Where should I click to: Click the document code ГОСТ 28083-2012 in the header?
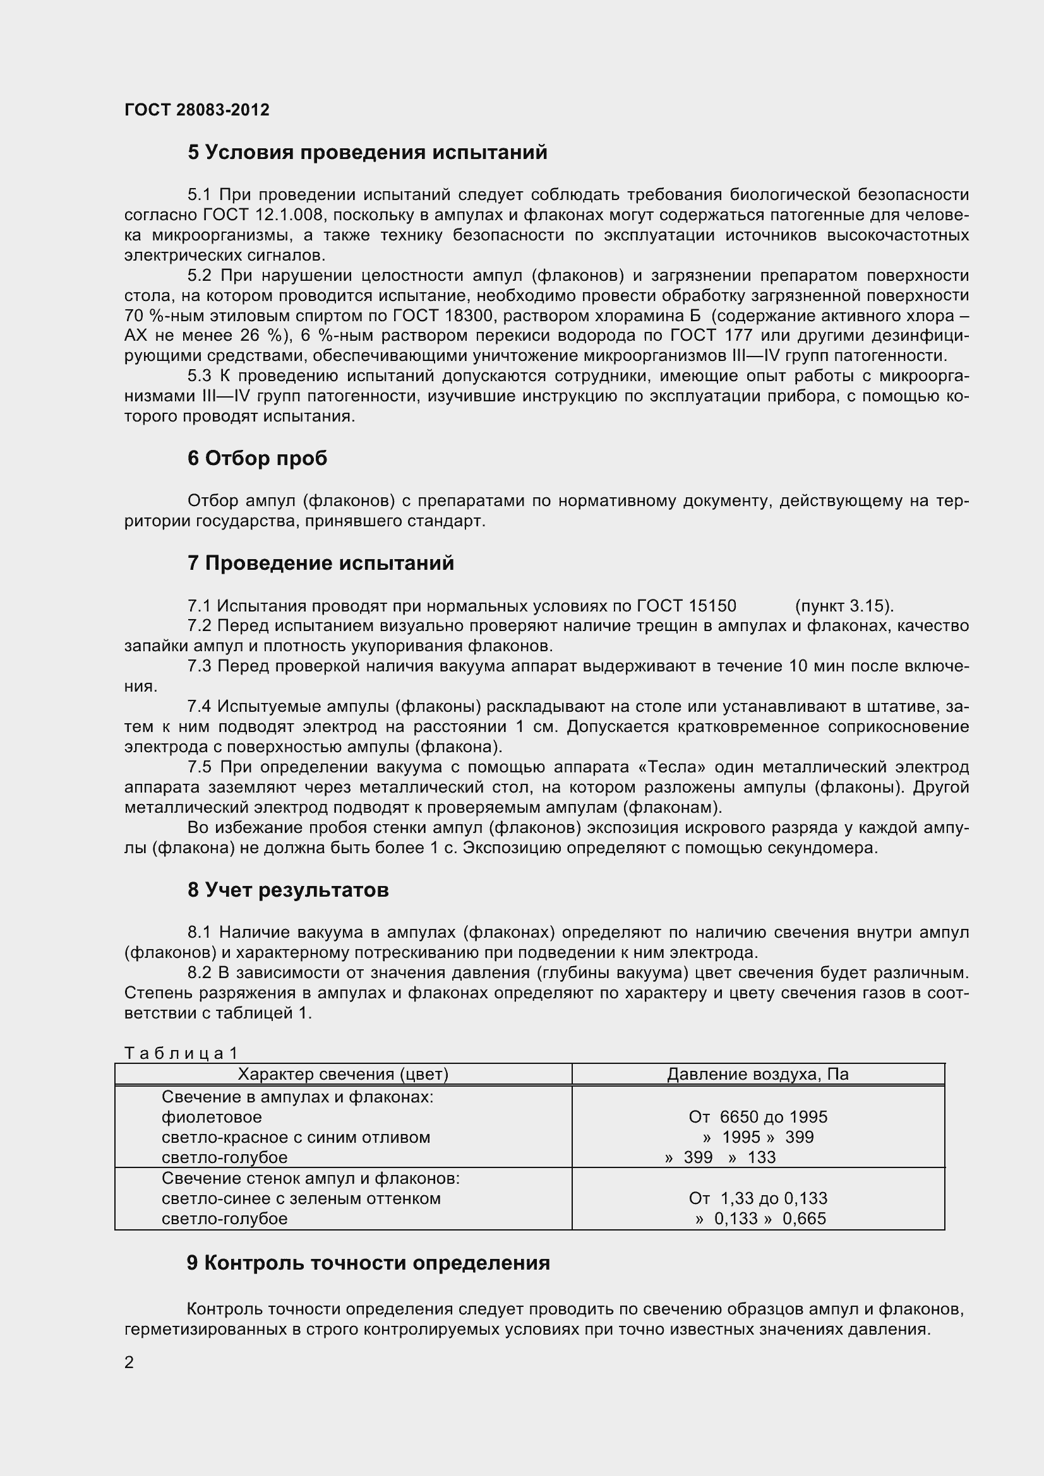(x=197, y=110)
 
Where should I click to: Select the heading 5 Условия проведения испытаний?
(x=368, y=152)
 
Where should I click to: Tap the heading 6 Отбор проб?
(x=257, y=458)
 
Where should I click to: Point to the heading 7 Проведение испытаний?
(x=320, y=563)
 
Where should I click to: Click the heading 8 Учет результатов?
(x=288, y=890)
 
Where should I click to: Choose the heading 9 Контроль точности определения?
(x=368, y=1263)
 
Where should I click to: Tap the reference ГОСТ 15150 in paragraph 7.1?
(x=687, y=606)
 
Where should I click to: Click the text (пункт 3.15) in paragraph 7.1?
(x=844, y=606)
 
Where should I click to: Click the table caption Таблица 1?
(x=181, y=1053)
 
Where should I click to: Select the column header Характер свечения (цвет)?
(x=343, y=1074)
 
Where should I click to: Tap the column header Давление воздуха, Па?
(x=758, y=1074)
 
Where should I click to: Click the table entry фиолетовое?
(x=212, y=1117)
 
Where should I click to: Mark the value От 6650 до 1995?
(x=758, y=1117)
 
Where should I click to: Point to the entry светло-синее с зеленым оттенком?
(x=301, y=1198)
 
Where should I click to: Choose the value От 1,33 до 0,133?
(x=758, y=1198)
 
